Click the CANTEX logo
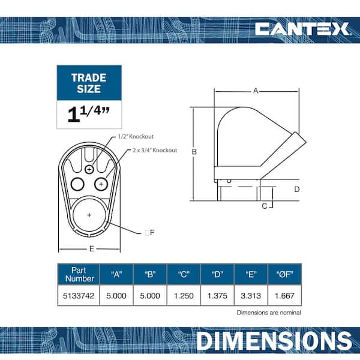[302, 29]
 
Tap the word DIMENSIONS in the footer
[274, 341]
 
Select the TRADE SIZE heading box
[89, 83]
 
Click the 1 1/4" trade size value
[89, 114]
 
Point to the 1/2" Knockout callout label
[136, 137]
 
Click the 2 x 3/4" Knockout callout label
[155, 151]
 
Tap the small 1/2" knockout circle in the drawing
[89, 170]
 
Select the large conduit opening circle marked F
[89, 215]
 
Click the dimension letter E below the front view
[92, 249]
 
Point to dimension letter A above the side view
[256, 91]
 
